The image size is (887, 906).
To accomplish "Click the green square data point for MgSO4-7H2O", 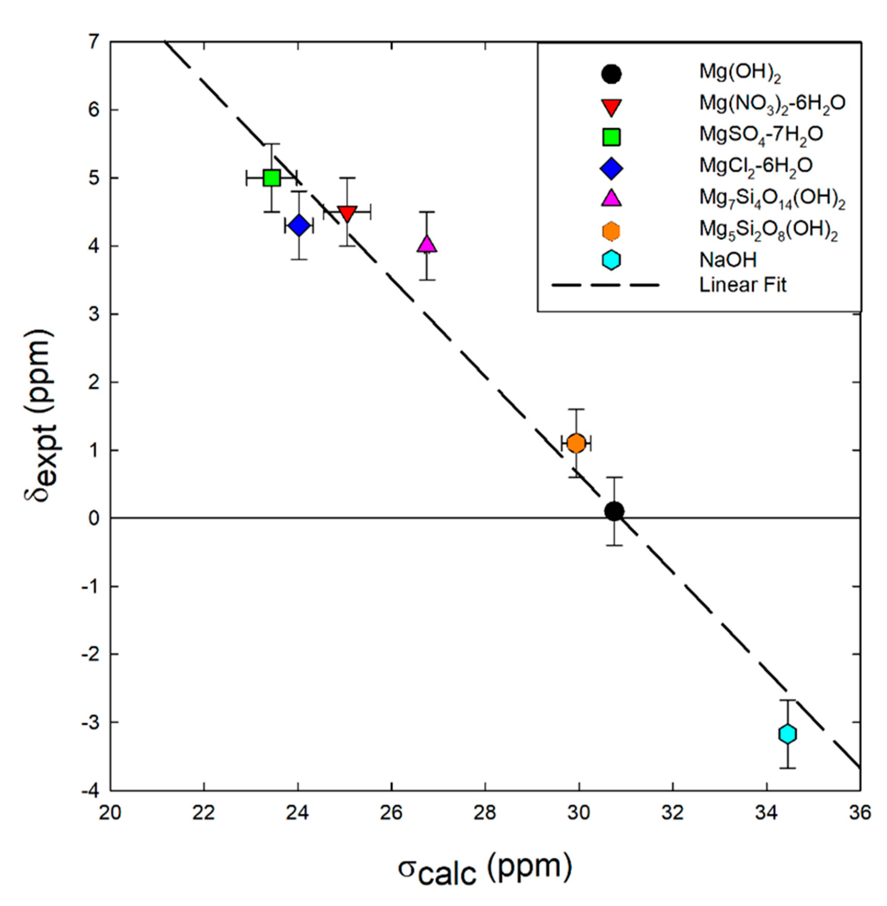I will point(272,178).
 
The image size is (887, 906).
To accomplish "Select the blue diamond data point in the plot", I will point(299,225).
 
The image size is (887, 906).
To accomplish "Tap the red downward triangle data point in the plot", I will point(347,213).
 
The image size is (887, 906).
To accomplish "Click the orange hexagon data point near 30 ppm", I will point(576,443).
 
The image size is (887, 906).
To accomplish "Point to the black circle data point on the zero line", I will point(614,511).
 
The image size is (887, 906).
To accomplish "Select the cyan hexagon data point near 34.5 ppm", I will point(787,734).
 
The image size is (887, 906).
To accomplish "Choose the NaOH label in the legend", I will point(728,260).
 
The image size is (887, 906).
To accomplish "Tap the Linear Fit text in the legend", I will point(742,284).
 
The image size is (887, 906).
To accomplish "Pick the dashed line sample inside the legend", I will point(605,284).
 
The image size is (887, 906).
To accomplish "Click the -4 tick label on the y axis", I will point(91,791).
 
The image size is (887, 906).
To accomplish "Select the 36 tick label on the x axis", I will point(860,813).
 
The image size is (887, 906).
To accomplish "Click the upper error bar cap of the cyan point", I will point(787,700).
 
